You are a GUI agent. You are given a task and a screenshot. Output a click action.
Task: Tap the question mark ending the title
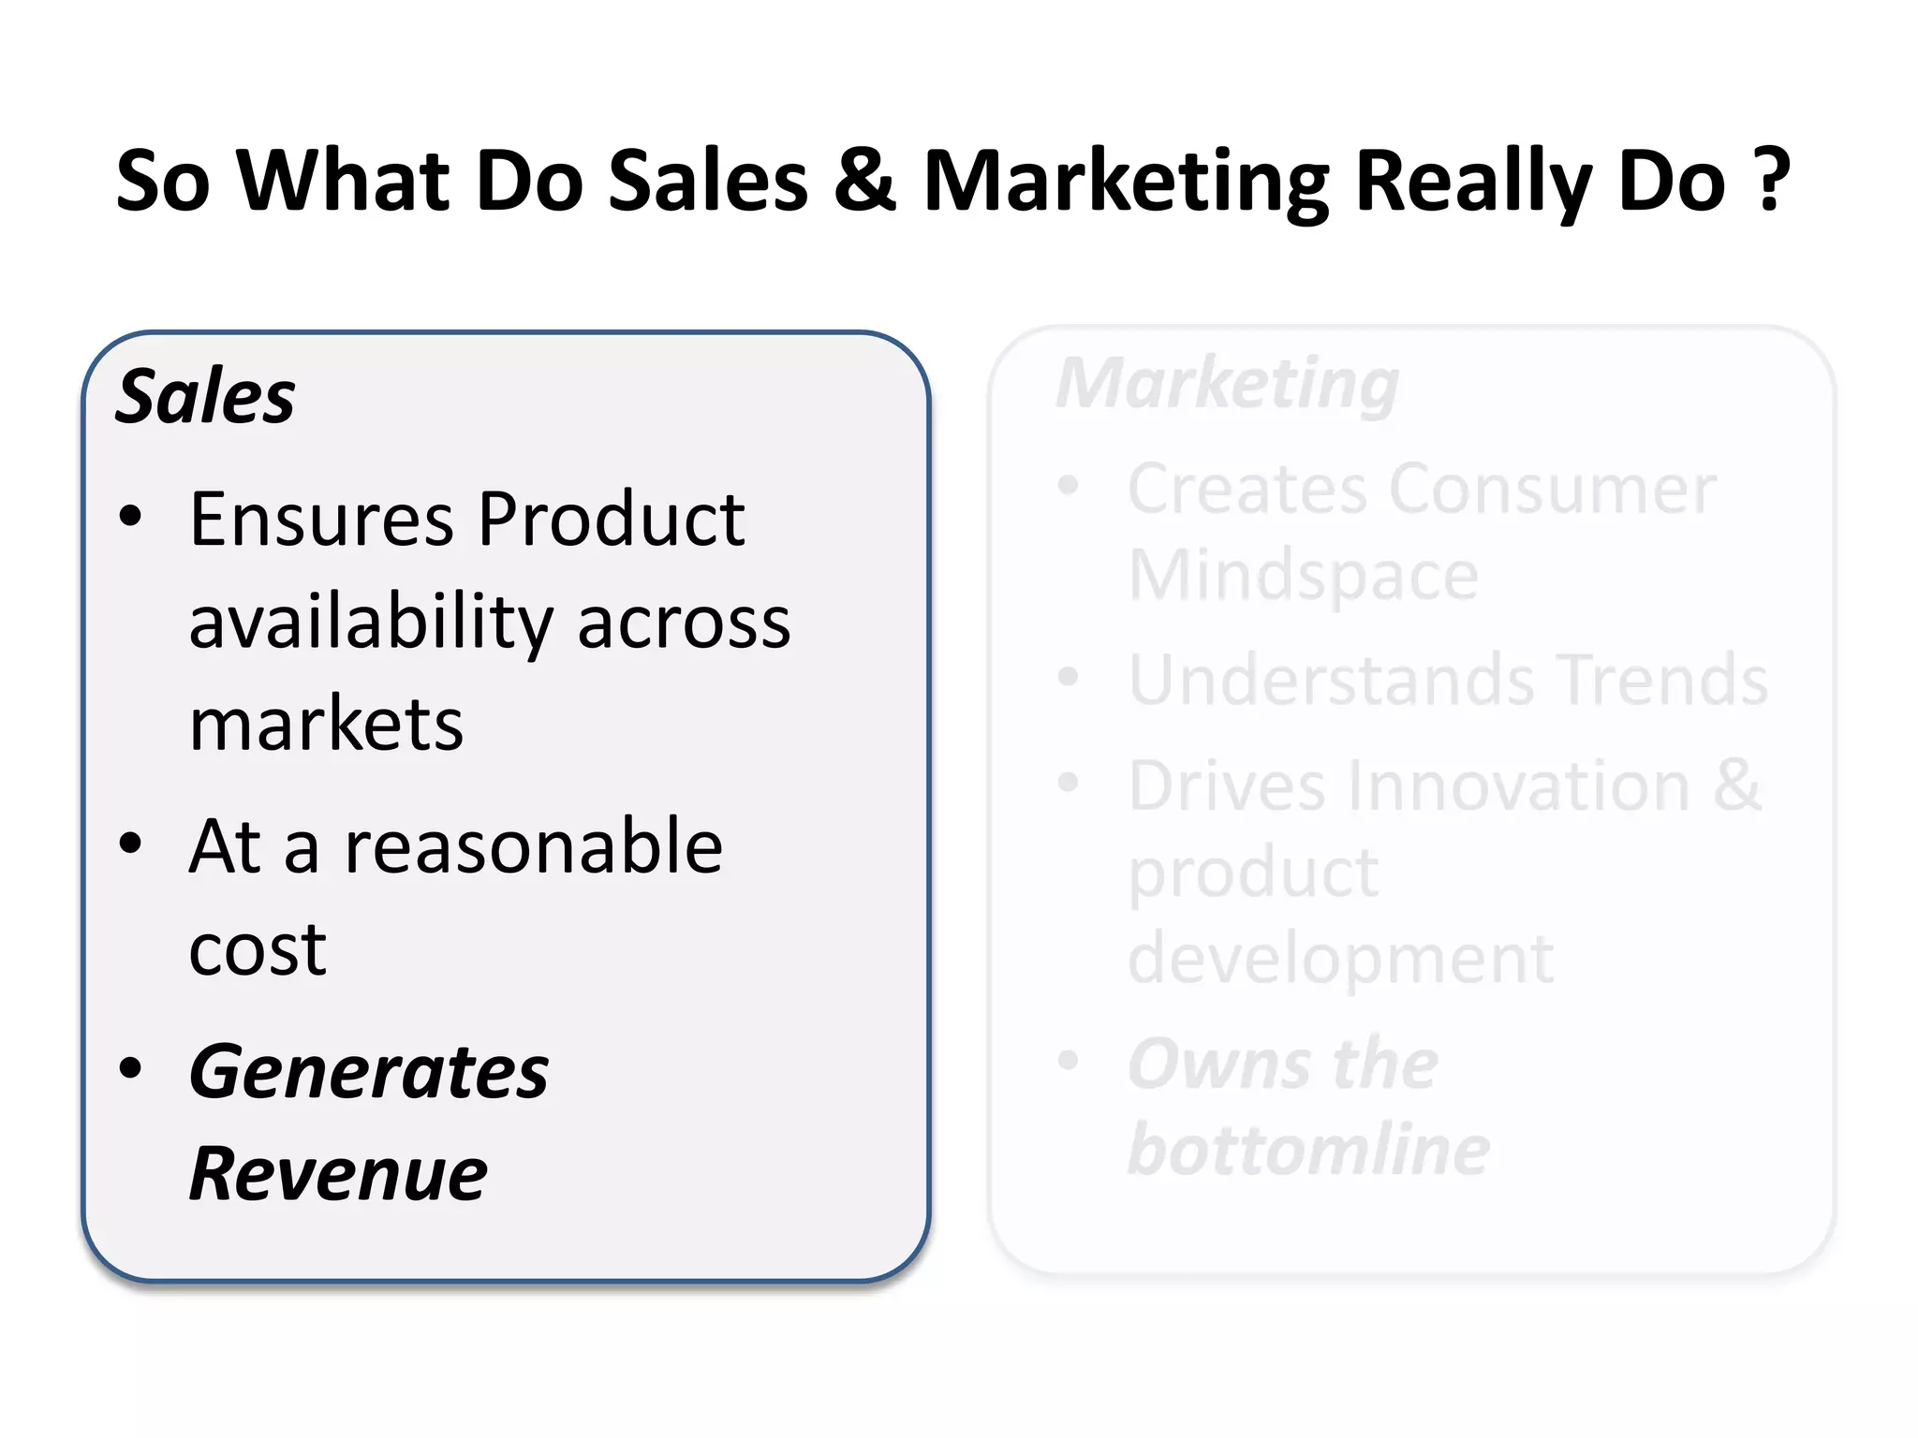tap(1772, 180)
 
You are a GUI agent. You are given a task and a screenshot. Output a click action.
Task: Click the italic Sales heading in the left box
tap(205, 396)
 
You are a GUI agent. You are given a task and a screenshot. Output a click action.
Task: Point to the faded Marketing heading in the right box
tap(1228, 385)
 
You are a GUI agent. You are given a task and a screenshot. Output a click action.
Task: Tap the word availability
tap(371, 623)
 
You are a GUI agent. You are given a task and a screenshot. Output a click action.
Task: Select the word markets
tap(326, 725)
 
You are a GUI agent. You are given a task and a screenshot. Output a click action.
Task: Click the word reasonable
tap(534, 846)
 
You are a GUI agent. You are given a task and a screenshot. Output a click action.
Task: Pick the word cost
tap(258, 950)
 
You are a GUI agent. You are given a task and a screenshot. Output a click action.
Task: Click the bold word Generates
tap(368, 1072)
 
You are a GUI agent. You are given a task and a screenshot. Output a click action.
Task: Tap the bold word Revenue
tap(338, 1174)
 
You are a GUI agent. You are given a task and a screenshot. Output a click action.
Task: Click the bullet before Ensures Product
tap(131, 516)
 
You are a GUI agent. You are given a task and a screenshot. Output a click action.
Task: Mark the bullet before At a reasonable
tap(131, 844)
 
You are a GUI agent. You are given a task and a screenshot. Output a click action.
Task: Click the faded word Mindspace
tap(1303, 575)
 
